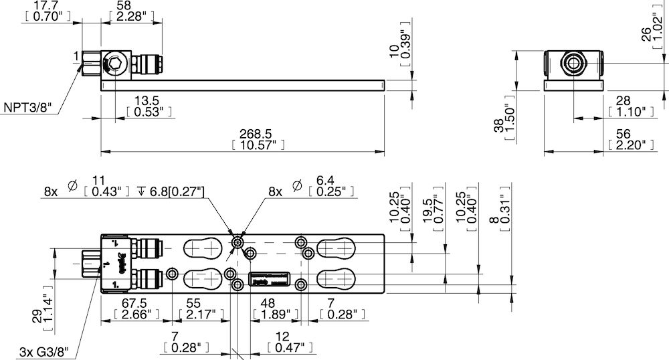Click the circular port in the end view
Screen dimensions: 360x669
tap(573, 64)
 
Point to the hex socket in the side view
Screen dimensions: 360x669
tap(114, 65)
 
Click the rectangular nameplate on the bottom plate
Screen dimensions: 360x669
tap(270, 281)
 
